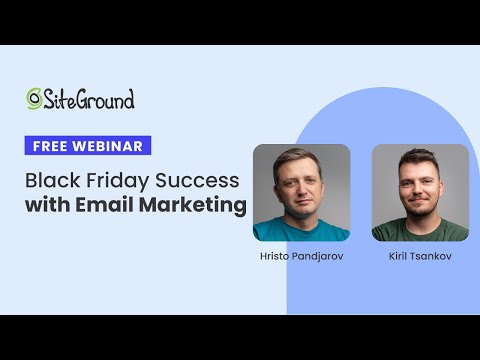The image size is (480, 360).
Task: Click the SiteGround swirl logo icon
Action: pos(35,98)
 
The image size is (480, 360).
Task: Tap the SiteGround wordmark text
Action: pos(89,99)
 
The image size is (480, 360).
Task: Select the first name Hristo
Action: pos(275,257)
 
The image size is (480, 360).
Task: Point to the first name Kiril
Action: pos(399,257)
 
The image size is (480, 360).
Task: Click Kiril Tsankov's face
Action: pos(419,186)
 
